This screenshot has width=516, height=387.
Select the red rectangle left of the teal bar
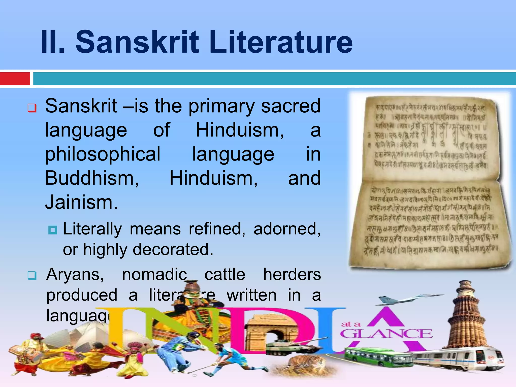(x=15, y=79)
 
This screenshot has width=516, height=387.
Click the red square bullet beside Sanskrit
(x=32, y=108)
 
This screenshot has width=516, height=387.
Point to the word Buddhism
(x=92, y=178)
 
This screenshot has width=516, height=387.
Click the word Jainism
(x=81, y=202)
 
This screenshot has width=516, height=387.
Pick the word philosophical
(x=103, y=154)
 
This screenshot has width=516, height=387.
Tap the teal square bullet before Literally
(x=53, y=230)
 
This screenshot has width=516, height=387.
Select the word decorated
(x=173, y=249)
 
